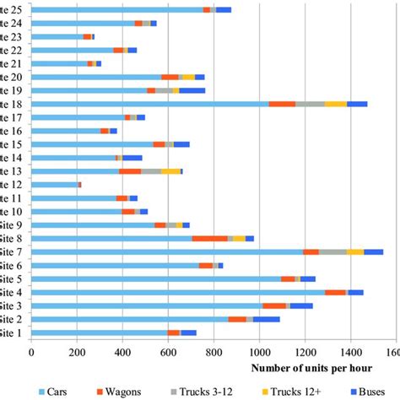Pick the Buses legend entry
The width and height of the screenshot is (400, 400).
pyautogui.click(x=371, y=392)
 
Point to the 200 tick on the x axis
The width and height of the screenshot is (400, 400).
pyautogui.click(x=77, y=354)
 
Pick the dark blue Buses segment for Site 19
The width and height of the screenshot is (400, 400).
pyautogui.click(x=192, y=90)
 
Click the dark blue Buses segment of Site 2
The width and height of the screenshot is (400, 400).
pyautogui.click(x=265, y=319)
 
